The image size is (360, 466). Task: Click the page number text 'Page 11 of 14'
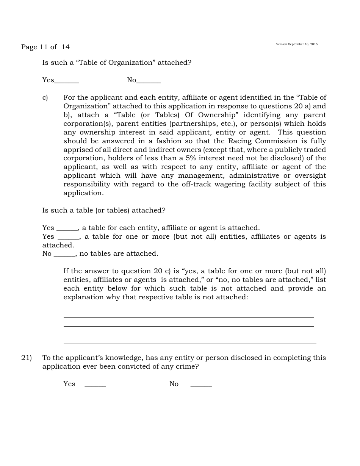45,47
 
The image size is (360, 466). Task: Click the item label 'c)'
45,98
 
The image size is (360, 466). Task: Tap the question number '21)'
27,358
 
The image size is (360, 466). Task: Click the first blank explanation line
189,317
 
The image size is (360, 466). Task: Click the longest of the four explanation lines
195,335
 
